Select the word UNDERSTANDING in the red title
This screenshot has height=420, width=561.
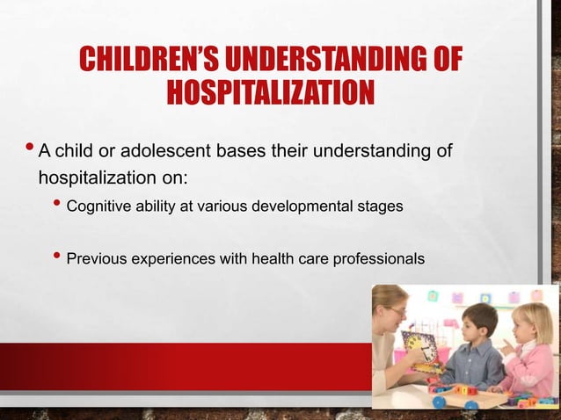[x=324, y=61]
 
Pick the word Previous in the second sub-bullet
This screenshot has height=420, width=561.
[x=96, y=259]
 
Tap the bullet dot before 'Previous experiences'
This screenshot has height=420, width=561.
[x=57, y=257]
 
